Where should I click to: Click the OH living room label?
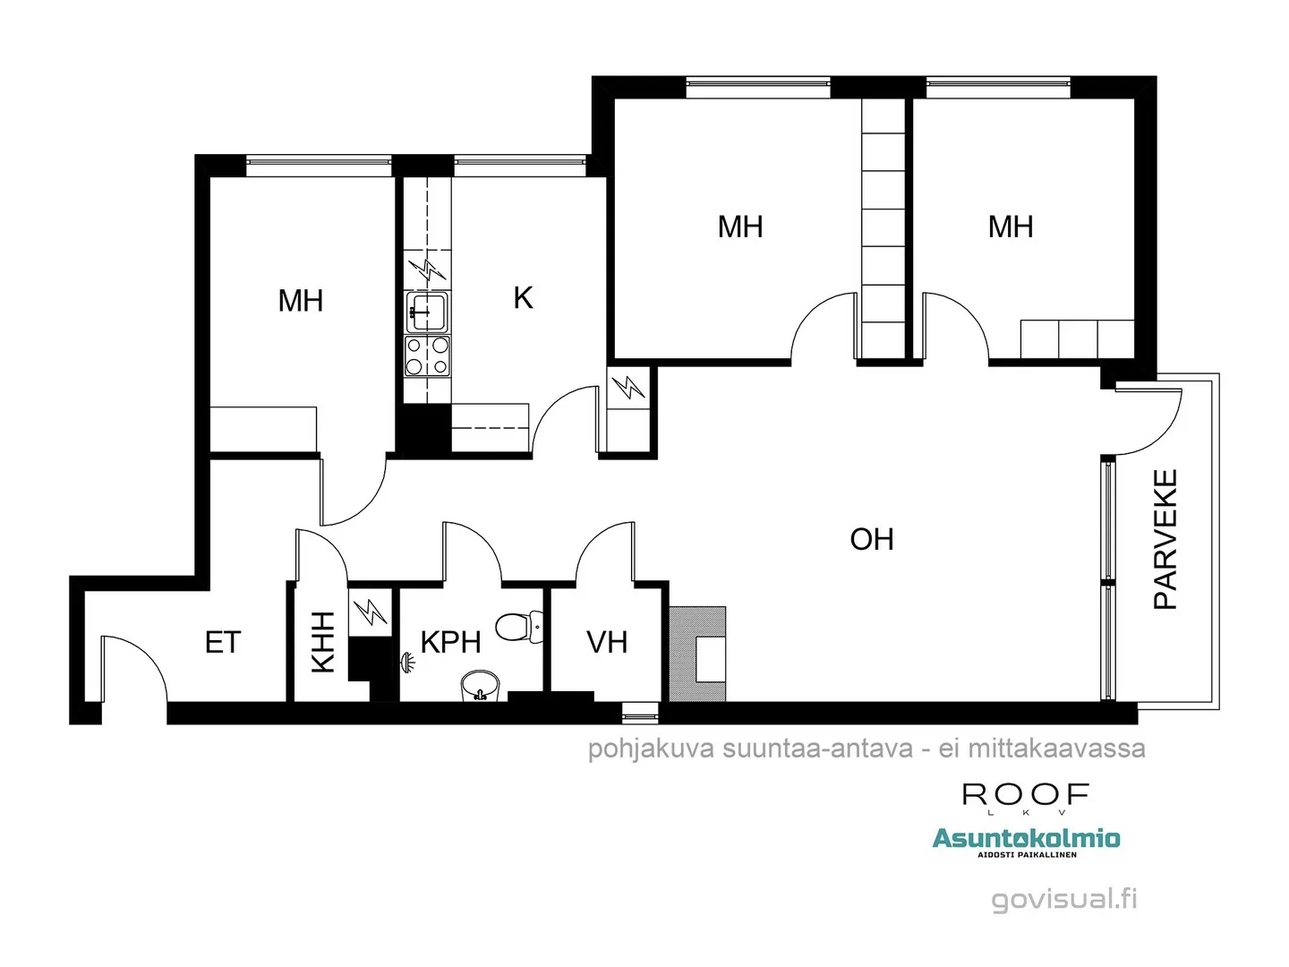click(x=871, y=539)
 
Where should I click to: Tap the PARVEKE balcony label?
click(x=1165, y=540)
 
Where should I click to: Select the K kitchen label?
click(x=523, y=297)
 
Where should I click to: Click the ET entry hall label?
click(x=222, y=642)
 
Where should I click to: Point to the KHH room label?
click(x=322, y=642)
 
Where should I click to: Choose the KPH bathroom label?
click(x=450, y=642)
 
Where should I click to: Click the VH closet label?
click(x=606, y=642)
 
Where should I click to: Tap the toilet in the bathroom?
click(x=519, y=626)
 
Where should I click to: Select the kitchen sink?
click(x=427, y=312)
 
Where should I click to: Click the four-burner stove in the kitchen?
click(x=427, y=355)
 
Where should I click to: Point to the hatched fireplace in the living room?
click(x=697, y=654)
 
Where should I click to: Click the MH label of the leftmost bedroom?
click(x=300, y=301)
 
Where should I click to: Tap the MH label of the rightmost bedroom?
click(x=1010, y=227)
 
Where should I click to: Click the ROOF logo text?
click(x=1026, y=794)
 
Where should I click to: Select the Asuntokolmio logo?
click(x=1026, y=839)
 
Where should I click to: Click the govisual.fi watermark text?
click(x=1063, y=899)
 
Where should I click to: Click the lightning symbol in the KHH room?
click(x=370, y=613)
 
